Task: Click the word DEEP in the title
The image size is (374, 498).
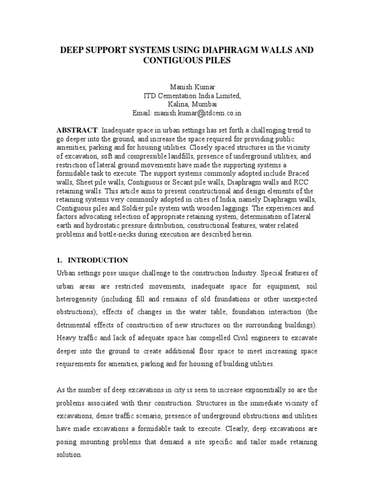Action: [72, 50]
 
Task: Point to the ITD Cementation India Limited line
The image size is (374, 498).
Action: [187, 96]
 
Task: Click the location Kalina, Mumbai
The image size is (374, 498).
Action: [187, 105]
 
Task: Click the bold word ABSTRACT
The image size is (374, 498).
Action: [77, 131]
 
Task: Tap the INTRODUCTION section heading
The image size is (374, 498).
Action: [97, 260]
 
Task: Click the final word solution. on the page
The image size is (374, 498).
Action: [70, 455]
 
